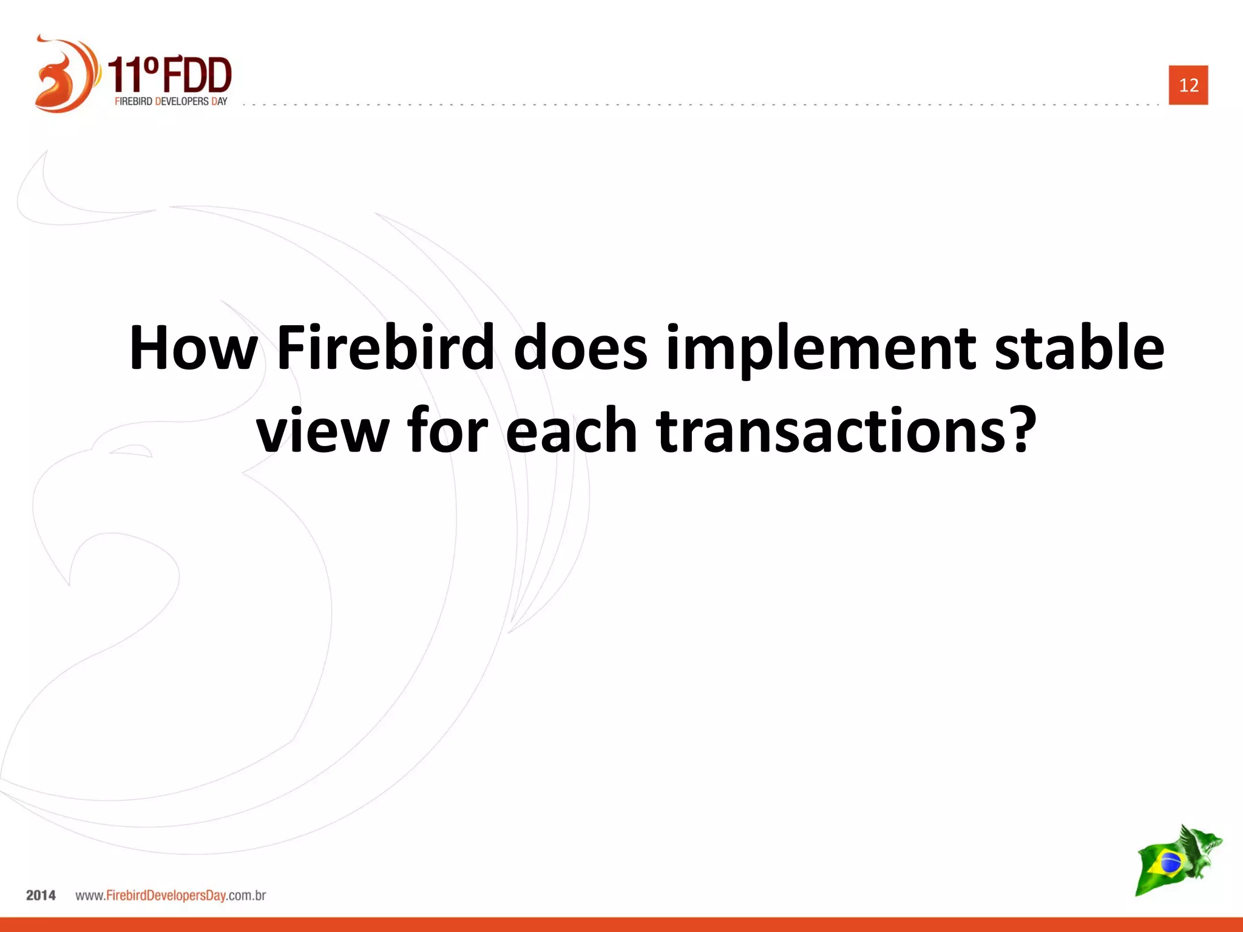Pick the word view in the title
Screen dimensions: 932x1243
322,431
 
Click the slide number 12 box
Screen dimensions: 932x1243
1188,85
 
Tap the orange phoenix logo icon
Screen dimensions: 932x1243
64,74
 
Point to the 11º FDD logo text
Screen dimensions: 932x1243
170,73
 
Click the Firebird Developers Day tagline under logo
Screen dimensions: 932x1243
171,101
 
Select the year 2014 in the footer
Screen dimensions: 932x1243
41,896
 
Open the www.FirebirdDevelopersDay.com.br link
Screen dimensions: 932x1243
171,896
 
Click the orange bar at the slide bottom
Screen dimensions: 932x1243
621,925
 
